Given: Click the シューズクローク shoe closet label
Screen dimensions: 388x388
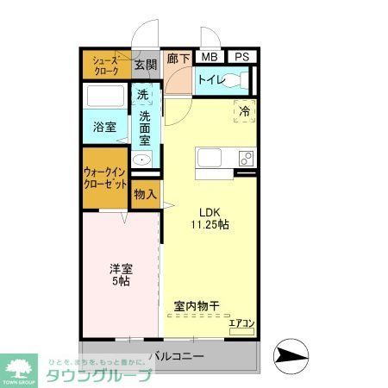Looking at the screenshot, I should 106,66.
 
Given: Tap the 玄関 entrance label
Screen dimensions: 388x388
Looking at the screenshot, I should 146,66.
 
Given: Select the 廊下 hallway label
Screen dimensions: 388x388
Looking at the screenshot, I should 178,58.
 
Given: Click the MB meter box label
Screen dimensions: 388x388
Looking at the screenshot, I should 209,57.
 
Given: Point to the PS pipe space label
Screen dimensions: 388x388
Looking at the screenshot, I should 242,57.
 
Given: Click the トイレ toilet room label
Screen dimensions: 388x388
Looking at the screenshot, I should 211,80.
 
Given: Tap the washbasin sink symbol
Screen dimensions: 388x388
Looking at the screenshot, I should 142,160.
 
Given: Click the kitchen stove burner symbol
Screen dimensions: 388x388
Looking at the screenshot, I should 245,157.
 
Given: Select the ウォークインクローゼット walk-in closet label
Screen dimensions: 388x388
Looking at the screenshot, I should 106,178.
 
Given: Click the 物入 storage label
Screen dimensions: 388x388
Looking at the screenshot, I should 145,195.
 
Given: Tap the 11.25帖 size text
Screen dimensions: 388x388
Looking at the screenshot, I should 210,225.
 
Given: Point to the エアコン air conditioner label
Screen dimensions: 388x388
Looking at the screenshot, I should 241,323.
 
